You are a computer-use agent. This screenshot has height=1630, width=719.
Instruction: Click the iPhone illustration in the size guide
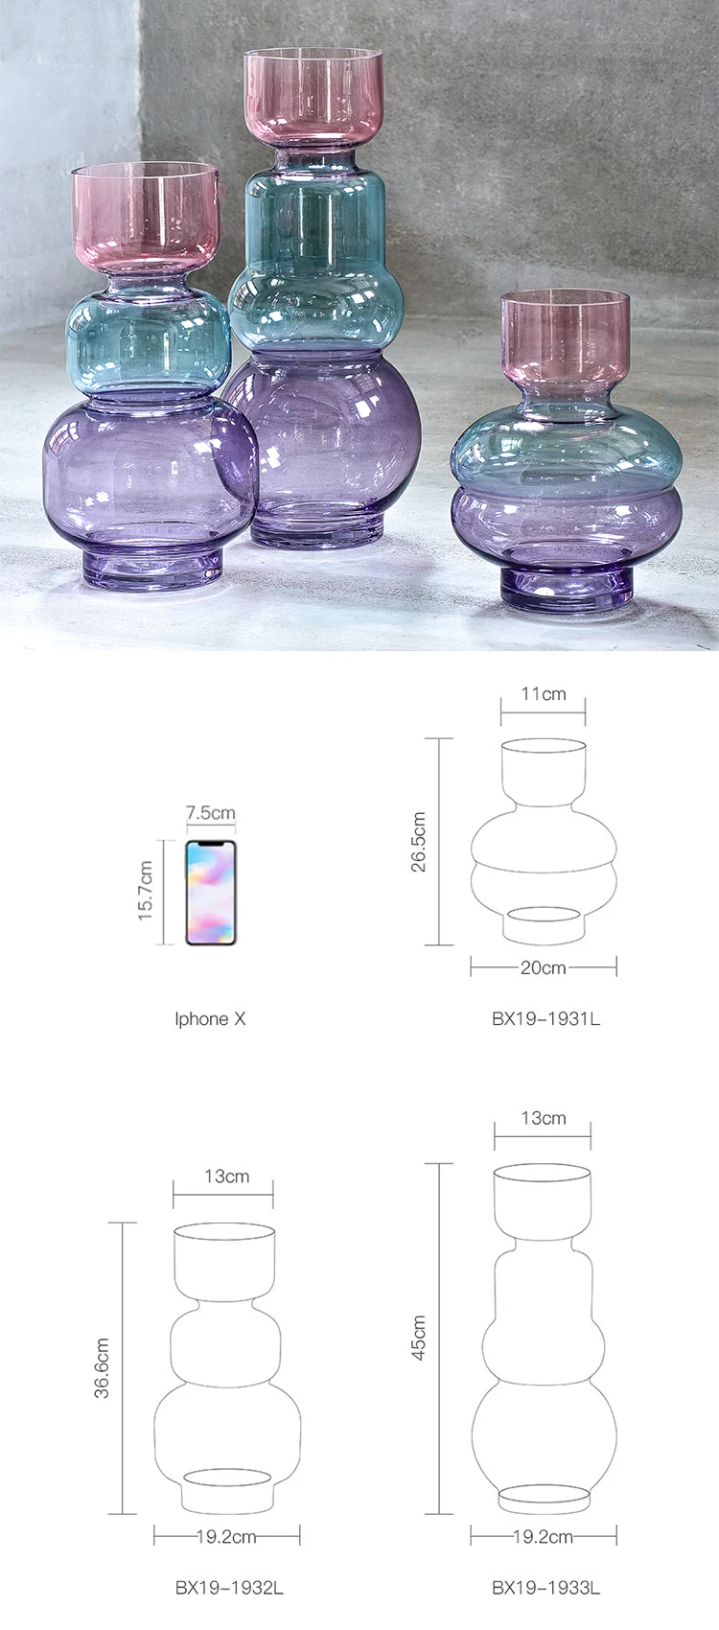(x=210, y=892)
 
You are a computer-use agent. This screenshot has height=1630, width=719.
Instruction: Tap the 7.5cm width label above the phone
(x=210, y=812)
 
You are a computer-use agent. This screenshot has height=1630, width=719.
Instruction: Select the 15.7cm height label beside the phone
(x=146, y=891)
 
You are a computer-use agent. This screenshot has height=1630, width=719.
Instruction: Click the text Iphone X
(x=210, y=1018)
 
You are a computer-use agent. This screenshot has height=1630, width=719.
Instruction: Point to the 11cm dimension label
(x=543, y=693)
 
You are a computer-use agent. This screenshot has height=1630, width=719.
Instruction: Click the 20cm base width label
(x=543, y=967)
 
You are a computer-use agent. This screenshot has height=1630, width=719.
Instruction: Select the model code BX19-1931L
(x=545, y=1018)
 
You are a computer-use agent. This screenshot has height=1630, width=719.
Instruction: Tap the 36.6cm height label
(x=102, y=1368)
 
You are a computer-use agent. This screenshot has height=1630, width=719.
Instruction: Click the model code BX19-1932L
(x=229, y=1588)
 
